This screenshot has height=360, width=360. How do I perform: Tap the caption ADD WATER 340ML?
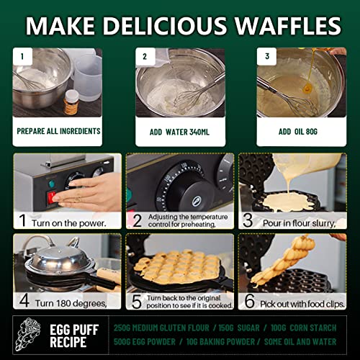[179, 132]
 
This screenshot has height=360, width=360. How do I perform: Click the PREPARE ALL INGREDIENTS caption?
[59, 132]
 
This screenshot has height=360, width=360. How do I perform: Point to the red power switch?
[53, 196]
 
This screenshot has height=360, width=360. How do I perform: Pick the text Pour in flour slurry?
[302, 223]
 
